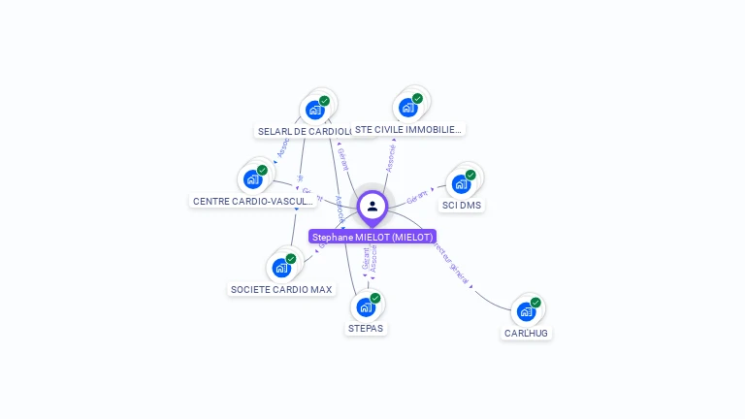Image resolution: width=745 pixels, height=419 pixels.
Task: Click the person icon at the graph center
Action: click(372, 206)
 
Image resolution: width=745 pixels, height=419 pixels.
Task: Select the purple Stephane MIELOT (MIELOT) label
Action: click(372, 237)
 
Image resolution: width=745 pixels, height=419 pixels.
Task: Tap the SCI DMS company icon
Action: click(461, 183)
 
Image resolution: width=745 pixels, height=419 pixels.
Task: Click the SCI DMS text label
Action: click(462, 206)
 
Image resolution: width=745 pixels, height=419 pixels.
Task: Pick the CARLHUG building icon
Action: click(526, 311)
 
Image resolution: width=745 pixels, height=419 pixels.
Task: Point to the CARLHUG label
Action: click(526, 334)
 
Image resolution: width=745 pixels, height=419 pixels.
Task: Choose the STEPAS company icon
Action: click(366, 306)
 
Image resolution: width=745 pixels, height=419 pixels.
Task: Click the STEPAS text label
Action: click(366, 329)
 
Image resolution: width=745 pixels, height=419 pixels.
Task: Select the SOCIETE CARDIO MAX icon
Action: click(281, 267)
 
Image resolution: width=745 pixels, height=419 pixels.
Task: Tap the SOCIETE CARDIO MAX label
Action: click(281, 289)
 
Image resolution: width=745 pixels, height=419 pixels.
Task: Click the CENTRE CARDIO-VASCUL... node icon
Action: click(253, 178)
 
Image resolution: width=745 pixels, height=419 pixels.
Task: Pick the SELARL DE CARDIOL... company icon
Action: click(315, 109)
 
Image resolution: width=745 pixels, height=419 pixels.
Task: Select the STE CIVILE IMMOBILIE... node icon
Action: click(408, 107)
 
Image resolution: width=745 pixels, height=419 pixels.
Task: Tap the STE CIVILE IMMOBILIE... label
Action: click(408, 129)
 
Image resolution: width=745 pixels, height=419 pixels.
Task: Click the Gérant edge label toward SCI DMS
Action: click(417, 196)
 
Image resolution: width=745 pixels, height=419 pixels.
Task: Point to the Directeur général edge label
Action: click(451, 262)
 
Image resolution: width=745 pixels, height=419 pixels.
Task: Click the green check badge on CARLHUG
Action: click(535, 303)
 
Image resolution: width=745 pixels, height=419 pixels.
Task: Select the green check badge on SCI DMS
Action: click(470, 175)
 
